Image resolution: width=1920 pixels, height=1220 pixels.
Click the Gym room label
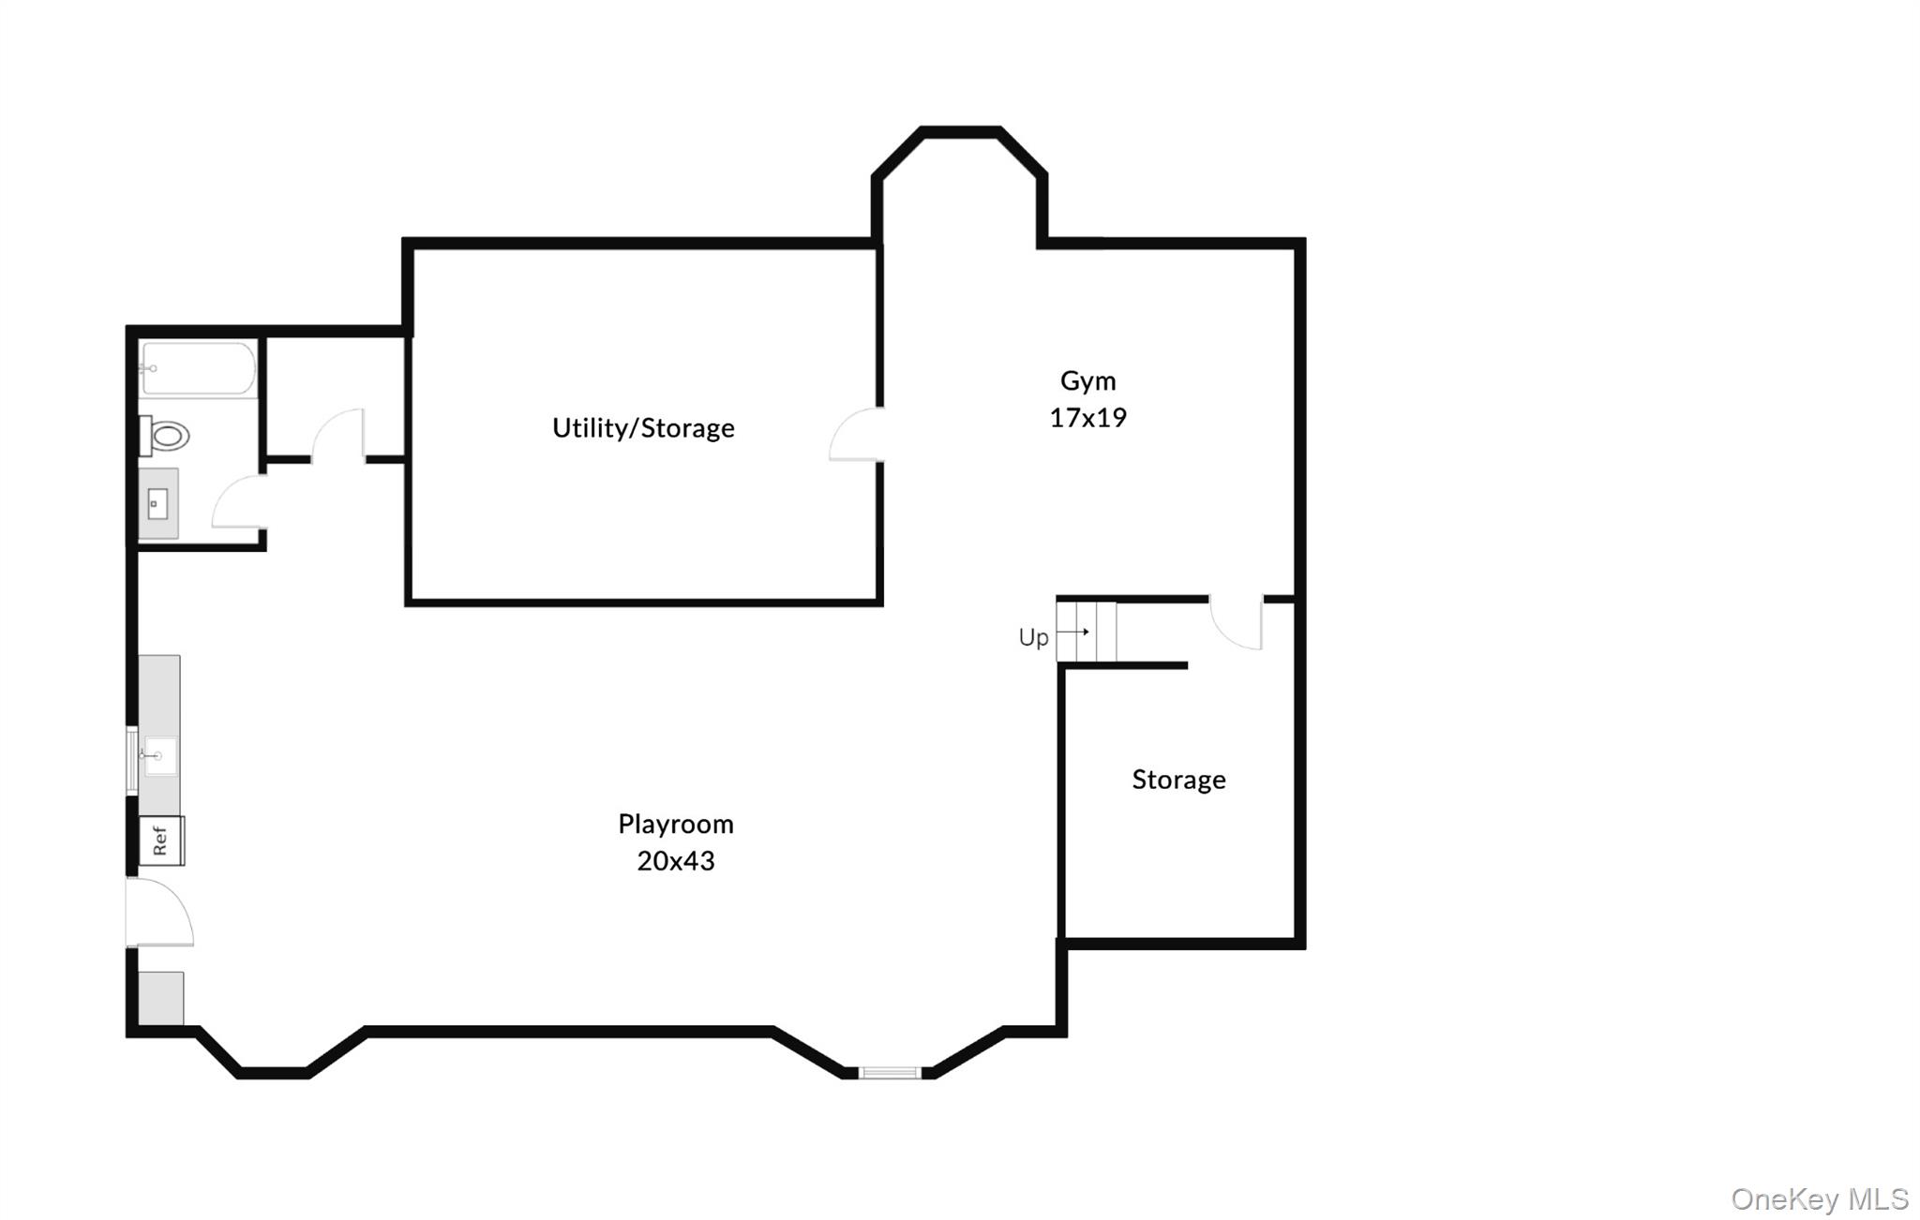(x=1087, y=380)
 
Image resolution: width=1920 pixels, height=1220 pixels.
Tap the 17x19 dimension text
(x=1087, y=418)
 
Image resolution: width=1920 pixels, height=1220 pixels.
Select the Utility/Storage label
(x=643, y=428)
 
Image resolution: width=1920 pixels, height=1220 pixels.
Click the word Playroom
(x=675, y=824)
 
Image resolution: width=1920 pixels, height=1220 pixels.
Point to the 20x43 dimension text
(x=675, y=861)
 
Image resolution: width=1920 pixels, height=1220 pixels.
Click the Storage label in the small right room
(x=1178, y=780)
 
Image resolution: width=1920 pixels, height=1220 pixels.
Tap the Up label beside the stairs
(x=1033, y=638)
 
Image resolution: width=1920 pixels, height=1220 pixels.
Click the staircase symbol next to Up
(x=1086, y=632)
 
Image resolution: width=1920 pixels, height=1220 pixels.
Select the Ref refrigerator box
(x=161, y=841)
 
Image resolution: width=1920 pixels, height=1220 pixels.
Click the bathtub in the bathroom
(x=198, y=369)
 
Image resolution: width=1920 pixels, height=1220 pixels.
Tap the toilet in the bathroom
(x=167, y=436)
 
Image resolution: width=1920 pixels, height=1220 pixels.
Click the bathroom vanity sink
(x=157, y=505)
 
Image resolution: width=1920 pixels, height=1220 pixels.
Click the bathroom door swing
(x=238, y=502)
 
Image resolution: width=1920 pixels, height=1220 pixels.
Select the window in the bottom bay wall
(x=890, y=1073)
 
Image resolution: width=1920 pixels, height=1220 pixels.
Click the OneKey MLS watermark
(x=1819, y=1199)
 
